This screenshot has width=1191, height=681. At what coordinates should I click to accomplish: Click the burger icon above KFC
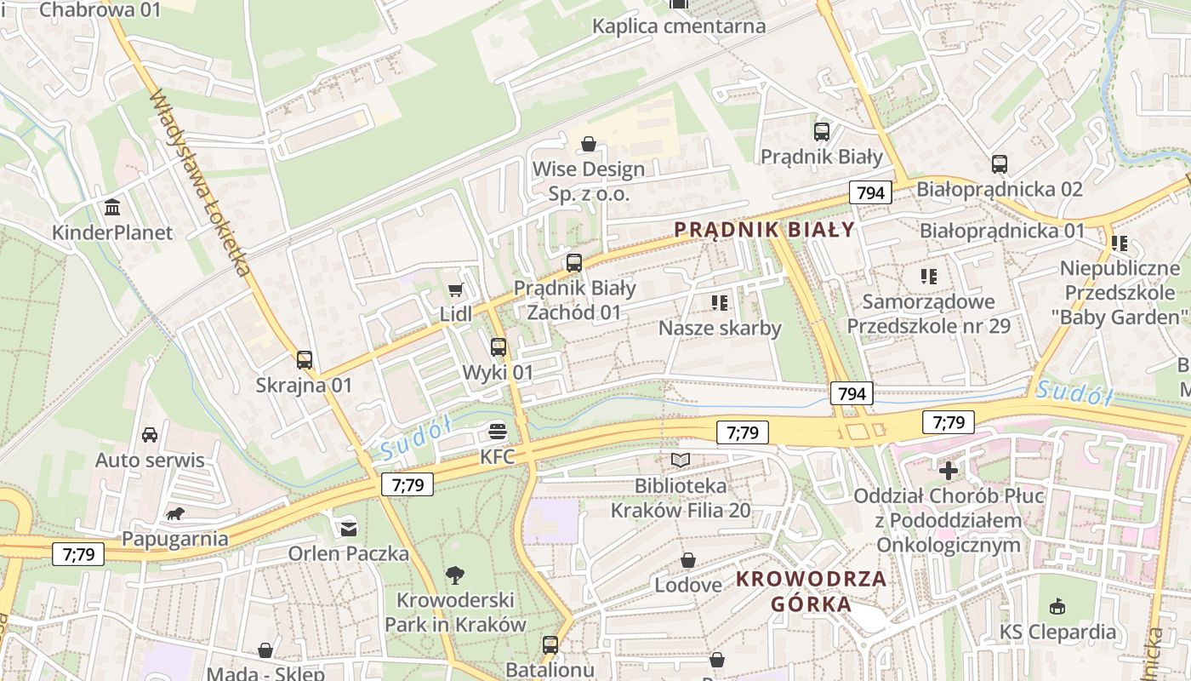pyautogui.click(x=498, y=432)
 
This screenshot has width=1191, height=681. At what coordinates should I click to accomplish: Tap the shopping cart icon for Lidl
pyautogui.click(x=455, y=290)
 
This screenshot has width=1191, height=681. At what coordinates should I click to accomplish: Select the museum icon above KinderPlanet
pyautogui.click(x=111, y=208)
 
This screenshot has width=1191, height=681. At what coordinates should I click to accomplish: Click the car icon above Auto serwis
pyautogui.click(x=150, y=435)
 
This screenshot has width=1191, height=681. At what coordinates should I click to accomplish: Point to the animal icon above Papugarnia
pyautogui.click(x=175, y=513)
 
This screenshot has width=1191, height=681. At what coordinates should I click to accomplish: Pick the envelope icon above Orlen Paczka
pyautogui.click(x=349, y=529)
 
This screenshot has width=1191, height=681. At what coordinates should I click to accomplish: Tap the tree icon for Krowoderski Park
pyautogui.click(x=455, y=575)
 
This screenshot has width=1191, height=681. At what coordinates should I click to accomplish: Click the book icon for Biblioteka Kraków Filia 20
pyautogui.click(x=681, y=461)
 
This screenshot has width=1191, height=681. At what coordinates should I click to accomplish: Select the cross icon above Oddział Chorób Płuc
pyautogui.click(x=949, y=470)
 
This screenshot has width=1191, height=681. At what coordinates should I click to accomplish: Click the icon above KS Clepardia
pyautogui.click(x=1057, y=606)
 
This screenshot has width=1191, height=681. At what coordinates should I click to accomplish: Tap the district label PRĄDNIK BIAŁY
pyautogui.click(x=764, y=229)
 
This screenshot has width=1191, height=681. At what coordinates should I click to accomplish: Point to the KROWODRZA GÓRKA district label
pyautogui.click(x=811, y=592)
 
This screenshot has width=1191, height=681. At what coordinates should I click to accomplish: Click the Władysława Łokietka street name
pyautogui.click(x=200, y=183)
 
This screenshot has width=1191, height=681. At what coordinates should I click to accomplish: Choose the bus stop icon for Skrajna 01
pyautogui.click(x=305, y=360)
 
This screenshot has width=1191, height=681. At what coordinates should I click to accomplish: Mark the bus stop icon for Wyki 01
pyautogui.click(x=499, y=347)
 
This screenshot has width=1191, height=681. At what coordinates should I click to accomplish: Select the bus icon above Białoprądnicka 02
pyautogui.click(x=1000, y=164)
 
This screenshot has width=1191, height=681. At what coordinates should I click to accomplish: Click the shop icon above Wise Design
pyautogui.click(x=588, y=144)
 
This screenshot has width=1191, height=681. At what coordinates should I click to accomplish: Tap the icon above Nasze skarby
pyautogui.click(x=720, y=303)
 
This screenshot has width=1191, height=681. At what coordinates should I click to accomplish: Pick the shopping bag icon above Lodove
pyautogui.click(x=688, y=560)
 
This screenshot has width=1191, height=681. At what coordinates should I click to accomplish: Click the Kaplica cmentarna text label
pyautogui.click(x=679, y=26)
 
